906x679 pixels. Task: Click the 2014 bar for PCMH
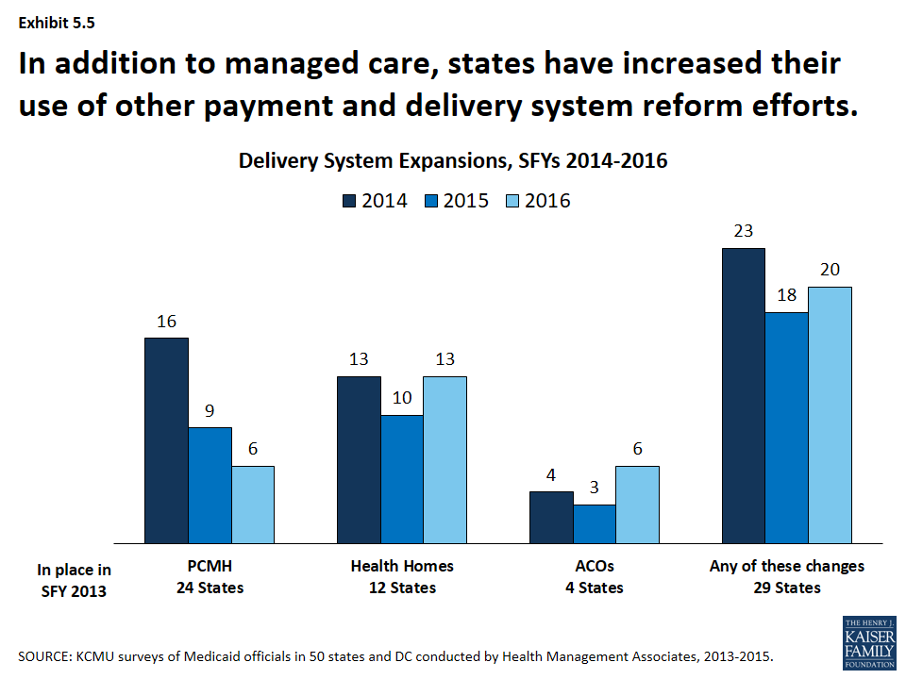[x=166, y=440]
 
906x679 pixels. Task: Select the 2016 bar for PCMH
[x=253, y=505]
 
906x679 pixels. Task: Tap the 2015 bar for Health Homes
[x=401, y=479]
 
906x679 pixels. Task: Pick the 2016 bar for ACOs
[x=638, y=505]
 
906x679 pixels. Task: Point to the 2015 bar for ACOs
[x=595, y=524]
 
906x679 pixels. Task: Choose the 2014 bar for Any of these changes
[x=744, y=396]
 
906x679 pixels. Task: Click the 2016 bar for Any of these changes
[x=830, y=415]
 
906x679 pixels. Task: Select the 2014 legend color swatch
[x=348, y=200]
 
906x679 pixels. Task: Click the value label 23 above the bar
[x=744, y=231]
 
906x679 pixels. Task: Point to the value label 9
[x=210, y=410]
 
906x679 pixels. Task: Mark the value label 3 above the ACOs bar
[x=595, y=488]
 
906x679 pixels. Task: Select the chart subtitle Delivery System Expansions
[x=453, y=161]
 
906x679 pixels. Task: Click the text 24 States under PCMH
[x=210, y=588]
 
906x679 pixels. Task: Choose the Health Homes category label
[x=402, y=566]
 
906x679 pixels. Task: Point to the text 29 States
[x=787, y=588]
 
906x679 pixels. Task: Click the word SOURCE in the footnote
[x=44, y=655]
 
